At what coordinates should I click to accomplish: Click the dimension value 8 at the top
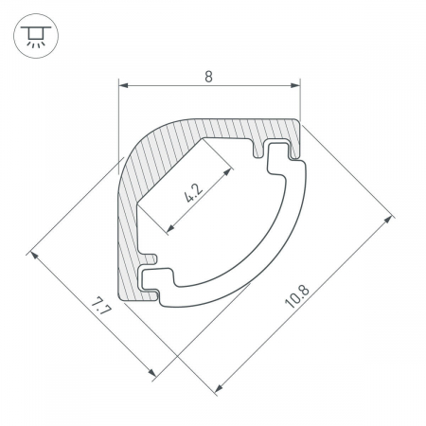pyautogui.click(x=208, y=77)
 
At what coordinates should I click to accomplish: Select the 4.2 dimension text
pyautogui.click(x=194, y=193)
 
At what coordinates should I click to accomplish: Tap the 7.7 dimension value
pyautogui.click(x=100, y=306)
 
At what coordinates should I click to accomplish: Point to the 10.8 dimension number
pyautogui.click(x=297, y=297)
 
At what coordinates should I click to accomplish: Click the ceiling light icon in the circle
pyautogui.click(x=36, y=36)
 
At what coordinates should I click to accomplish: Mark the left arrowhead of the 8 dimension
pyautogui.click(x=123, y=85)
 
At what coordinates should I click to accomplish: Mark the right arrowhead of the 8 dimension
pyautogui.click(x=295, y=85)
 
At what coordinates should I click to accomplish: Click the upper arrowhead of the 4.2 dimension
pyautogui.click(x=227, y=172)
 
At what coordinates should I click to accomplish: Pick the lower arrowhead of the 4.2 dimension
pyautogui.click(x=170, y=228)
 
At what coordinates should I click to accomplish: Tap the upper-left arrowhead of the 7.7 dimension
pyautogui.click(x=34, y=256)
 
